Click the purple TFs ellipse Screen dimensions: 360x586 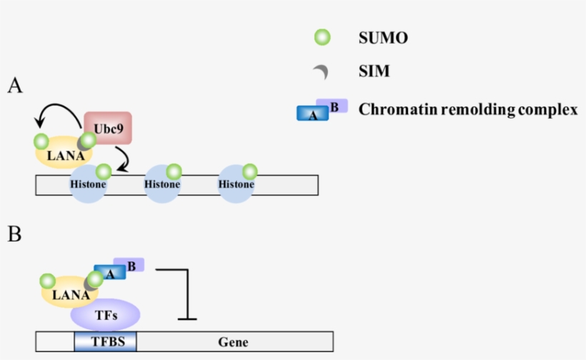pos(105,314)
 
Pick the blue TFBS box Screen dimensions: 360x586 pos(105,341)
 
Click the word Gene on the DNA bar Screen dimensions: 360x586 pos(234,342)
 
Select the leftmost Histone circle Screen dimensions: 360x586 pos(89,184)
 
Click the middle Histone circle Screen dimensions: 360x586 pos(162,184)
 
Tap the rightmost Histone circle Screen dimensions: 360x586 pos(236,184)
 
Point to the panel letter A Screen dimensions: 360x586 pos(15,86)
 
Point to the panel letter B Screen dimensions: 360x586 pos(14,234)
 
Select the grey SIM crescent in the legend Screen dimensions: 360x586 pos(322,71)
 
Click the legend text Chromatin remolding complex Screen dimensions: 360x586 pos(467,109)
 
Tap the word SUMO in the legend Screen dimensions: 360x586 pos(383,39)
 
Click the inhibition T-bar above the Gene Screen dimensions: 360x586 pos(187,293)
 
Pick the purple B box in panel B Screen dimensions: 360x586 pos(129,265)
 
